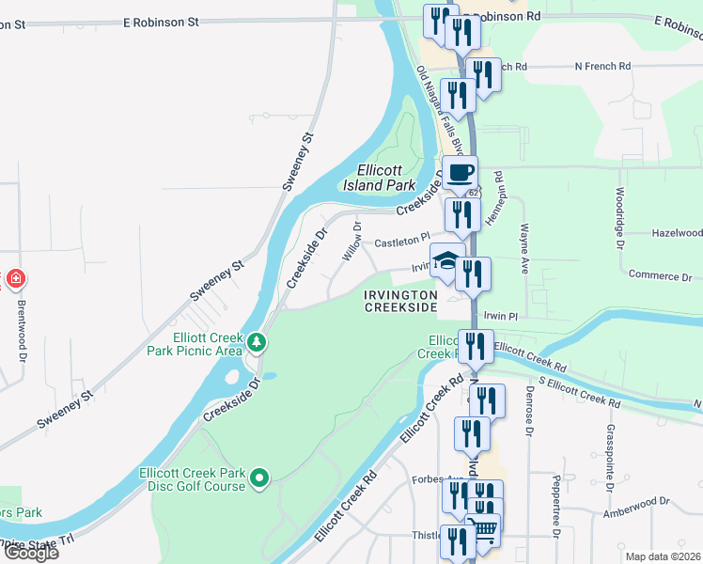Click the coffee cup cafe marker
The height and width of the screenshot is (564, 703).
click(461, 173)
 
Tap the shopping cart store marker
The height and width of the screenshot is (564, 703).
click(483, 527)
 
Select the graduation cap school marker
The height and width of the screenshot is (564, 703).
click(446, 260)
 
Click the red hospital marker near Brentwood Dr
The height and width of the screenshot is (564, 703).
click(15, 278)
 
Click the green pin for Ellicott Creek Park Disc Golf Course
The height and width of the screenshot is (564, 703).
click(262, 479)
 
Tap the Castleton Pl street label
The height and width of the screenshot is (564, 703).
click(401, 243)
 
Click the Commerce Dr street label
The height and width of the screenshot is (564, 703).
click(661, 276)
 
